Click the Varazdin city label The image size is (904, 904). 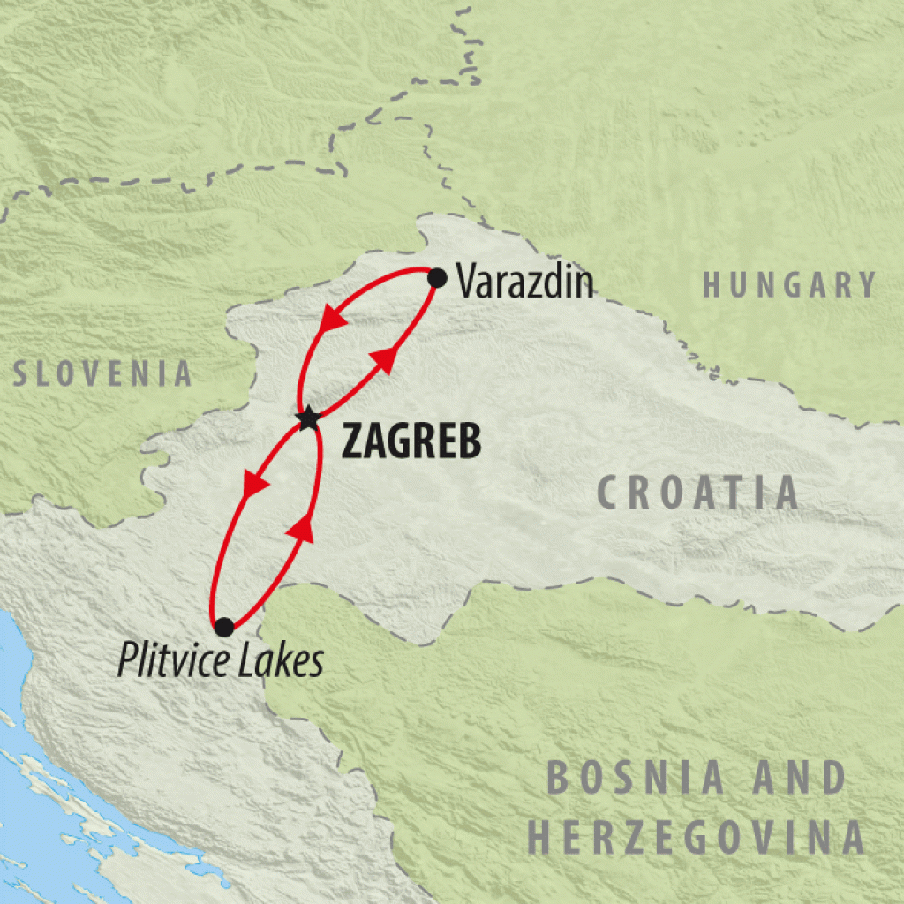tap(524, 283)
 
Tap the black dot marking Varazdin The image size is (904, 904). tap(437, 278)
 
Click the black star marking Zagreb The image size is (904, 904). tap(307, 418)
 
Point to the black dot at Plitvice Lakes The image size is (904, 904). tap(224, 627)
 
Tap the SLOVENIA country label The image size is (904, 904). tap(102, 373)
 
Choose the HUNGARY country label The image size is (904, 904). tap(789, 285)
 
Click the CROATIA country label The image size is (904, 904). tap(697, 493)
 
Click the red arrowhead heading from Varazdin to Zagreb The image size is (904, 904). tap(332, 319)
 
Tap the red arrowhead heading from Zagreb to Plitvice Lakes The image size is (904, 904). tap(255, 484)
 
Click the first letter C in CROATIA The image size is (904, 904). tap(611, 493)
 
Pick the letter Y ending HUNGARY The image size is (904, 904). tap(866, 285)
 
